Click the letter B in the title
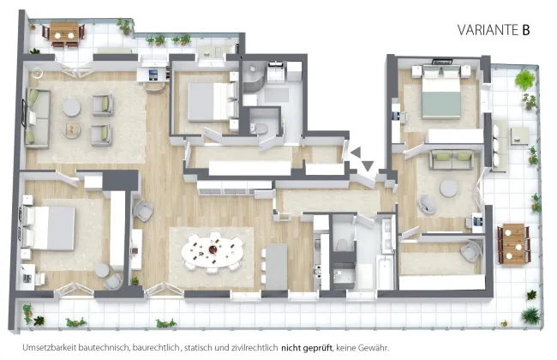click(526, 30)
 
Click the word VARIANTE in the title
click(488, 30)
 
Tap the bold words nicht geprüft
click(307, 348)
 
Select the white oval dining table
click(213, 252)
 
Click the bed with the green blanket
click(441, 94)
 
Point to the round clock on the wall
click(37, 73)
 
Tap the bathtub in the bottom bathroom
click(384, 272)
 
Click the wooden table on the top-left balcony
click(64, 32)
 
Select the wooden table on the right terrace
click(513, 243)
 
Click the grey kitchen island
click(277, 266)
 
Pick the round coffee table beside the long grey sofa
click(72, 108)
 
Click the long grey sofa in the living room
click(37, 118)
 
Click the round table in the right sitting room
click(448, 189)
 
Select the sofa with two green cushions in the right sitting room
click(451, 159)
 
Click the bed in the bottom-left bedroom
click(49, 227)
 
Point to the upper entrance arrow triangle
click(356, 152)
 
